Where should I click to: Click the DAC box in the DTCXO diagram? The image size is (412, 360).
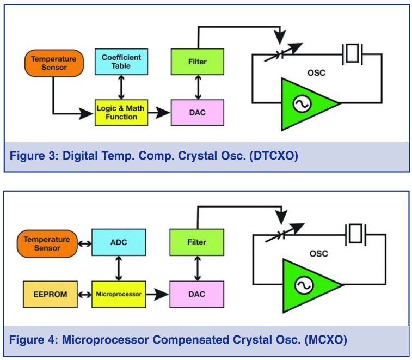(197, 112)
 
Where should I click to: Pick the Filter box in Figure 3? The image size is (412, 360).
(197, 61)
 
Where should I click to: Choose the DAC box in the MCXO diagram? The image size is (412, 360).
(197, 294)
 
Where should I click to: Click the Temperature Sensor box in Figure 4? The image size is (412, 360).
(46, 243)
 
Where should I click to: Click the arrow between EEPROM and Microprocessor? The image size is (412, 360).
(84, 294)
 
